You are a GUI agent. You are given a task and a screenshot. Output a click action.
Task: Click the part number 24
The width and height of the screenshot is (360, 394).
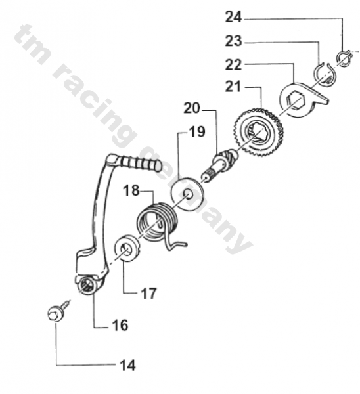(234, 16)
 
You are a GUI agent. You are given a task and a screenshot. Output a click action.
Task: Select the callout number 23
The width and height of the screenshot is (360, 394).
(234, 41)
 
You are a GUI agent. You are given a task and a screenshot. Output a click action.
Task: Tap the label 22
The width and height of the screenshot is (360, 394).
(234, 64)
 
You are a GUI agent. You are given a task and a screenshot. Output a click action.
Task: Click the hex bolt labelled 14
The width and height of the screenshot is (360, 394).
(55, 313)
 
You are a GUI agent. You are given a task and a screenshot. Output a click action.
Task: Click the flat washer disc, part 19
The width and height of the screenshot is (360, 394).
(187, 193)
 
